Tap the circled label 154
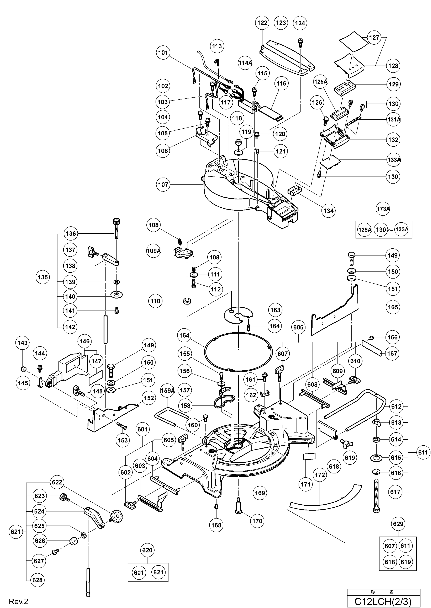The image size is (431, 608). (x=184, y=335)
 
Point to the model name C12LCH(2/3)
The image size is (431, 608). (x=383, y=601)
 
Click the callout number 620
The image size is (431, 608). (x=147, y=550)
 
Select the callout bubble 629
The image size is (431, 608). (x=398, y=524)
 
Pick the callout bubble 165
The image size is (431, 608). (x=393, y=307)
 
